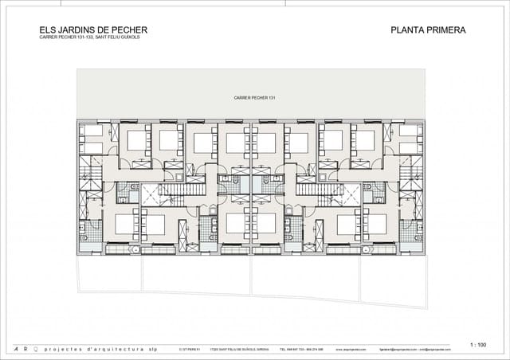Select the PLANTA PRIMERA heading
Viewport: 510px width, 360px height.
pyautogui.click(x=428, y=30)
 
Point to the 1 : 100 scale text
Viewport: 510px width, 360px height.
pyautogui.click(x=478, y=344)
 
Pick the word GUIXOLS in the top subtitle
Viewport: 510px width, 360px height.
pyautogui.click(x=127, y=37)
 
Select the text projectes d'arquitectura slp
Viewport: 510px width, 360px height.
pyautogui.click(x=100, y=349)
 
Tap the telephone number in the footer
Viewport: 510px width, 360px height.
pyautogui.click(x=294, y=349)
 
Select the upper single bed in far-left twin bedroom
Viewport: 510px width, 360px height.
pyautogui.click(x=94, y=131)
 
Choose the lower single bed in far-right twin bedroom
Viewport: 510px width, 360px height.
pyautogui.click(x=411, y=148)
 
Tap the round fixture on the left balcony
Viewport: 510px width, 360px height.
pyautogui.click(x=136, y=249)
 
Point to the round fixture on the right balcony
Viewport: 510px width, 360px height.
pyautogui.click(x=363, y=249)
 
